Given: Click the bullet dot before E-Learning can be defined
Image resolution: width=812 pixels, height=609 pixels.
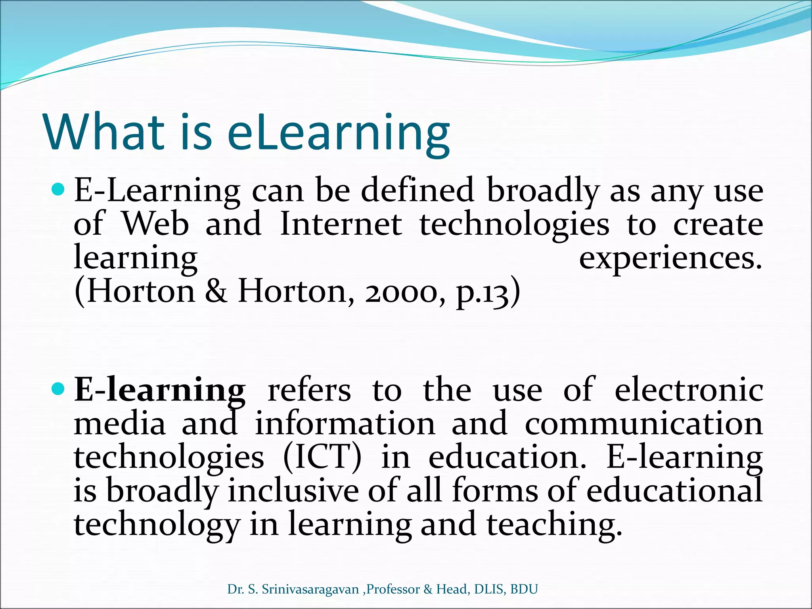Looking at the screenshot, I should (58, 190).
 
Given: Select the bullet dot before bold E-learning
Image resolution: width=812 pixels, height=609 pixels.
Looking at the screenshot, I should (58, 389).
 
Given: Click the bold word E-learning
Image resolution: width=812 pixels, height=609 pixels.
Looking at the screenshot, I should (160, 391).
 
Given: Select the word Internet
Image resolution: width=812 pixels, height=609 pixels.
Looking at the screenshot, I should (341, 225).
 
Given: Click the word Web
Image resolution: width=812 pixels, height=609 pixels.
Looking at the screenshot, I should (155, 225).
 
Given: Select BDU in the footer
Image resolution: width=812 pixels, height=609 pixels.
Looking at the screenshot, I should (524, 590).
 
